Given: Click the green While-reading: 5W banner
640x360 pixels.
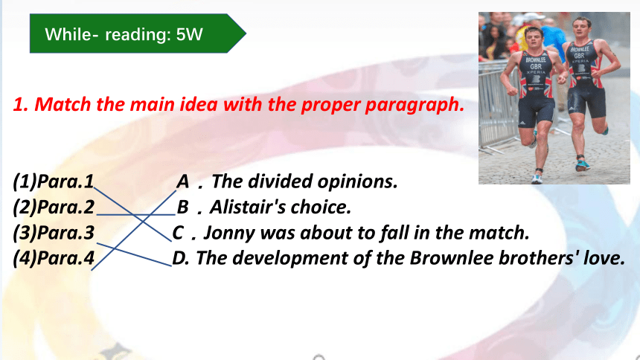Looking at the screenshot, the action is coord(138,33).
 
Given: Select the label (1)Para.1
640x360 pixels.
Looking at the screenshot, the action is coord(54,181).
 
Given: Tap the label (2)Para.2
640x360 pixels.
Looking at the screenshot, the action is coord(54,207).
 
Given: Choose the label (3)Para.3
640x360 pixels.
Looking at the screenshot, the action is coord(54,233).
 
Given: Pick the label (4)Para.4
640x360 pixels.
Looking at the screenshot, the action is coord(54,258).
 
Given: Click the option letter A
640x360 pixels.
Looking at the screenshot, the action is coord(182,181).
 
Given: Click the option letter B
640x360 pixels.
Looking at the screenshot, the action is coord(182,208).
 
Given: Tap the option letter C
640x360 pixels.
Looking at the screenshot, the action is coord(178,233).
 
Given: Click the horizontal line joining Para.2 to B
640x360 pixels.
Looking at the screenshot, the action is coord(136,214).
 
